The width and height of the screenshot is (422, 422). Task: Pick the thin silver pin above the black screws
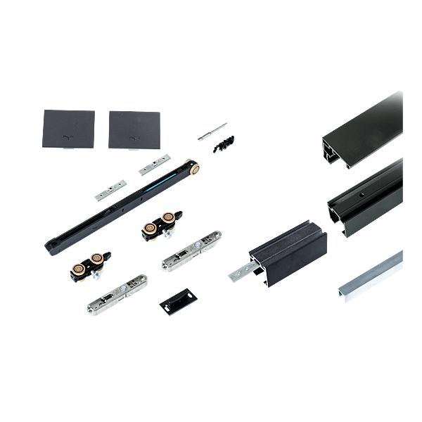[x=212, y=131]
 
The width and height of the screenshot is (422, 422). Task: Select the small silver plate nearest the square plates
[x=153, y=165]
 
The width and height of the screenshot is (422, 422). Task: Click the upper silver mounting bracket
[x=192, y=252]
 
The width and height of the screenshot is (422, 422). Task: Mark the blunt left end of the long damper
[x=51, y=248]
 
